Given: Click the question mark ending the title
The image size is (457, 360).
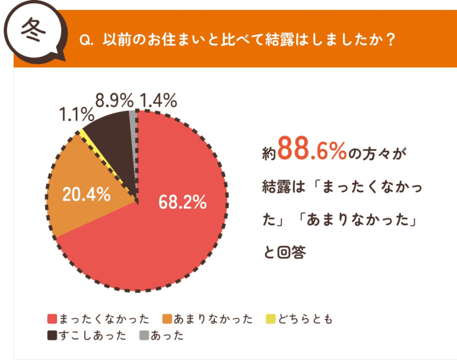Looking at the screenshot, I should coord(388,40).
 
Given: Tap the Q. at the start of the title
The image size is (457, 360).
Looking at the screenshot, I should coord(87,40).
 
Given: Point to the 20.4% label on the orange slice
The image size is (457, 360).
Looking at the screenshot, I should coord(85,194).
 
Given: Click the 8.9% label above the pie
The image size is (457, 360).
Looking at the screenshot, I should coord(113,100).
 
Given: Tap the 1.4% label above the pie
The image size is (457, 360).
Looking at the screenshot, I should coord(158,100).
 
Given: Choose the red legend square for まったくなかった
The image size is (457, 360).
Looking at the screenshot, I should coord(51,319).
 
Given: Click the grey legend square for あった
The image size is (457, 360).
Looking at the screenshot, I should coord(143,335).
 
